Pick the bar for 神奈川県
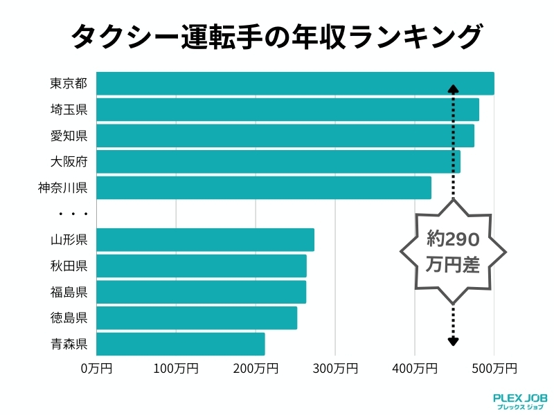[x=264, y=187]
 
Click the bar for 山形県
[x=205, y=240]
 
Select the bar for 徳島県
[x=197, y=318]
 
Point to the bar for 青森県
[x=181, y=344]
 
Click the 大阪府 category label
[x=69, y=162]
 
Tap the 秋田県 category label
[x=69, y=266]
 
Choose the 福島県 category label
[x=69, y=292]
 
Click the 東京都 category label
[x=69, y=84]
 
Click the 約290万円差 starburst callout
[x=453, y=252]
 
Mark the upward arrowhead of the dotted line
[x=453, y=89]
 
